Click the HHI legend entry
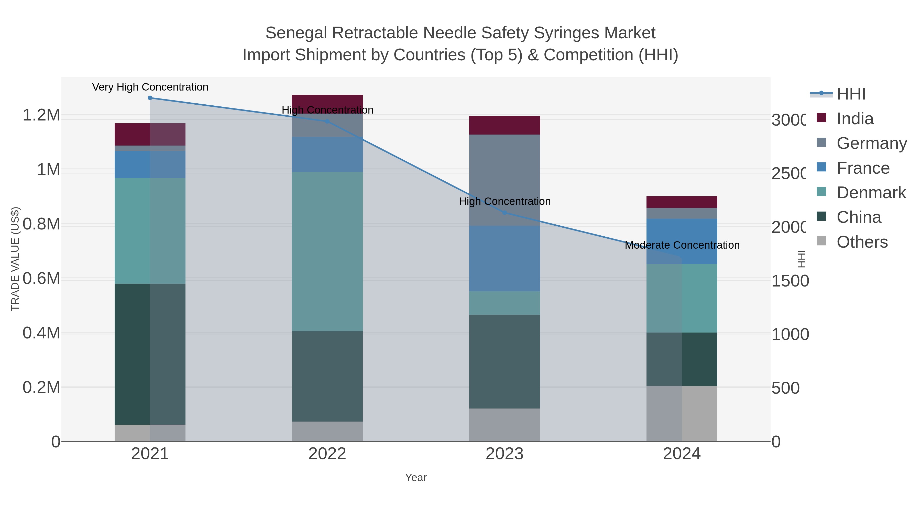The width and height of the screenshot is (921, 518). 851,94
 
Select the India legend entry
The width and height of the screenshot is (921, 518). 854,119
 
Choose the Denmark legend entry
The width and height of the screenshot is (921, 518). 871,193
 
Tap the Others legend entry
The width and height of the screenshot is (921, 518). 862,242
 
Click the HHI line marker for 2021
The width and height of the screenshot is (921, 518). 150,98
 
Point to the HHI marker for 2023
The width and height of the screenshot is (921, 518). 505,213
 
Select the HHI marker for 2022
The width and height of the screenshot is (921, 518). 327,122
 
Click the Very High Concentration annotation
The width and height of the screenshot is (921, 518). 150,87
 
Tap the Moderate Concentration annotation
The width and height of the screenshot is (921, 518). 682,245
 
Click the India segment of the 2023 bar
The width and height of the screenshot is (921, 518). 505,125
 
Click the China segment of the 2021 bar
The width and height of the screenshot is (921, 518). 150,354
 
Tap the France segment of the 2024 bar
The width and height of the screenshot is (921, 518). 682,241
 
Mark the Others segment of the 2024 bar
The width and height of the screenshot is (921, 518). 682,413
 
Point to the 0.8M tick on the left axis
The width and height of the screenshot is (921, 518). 41,224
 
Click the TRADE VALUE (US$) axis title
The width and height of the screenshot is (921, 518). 15,259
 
